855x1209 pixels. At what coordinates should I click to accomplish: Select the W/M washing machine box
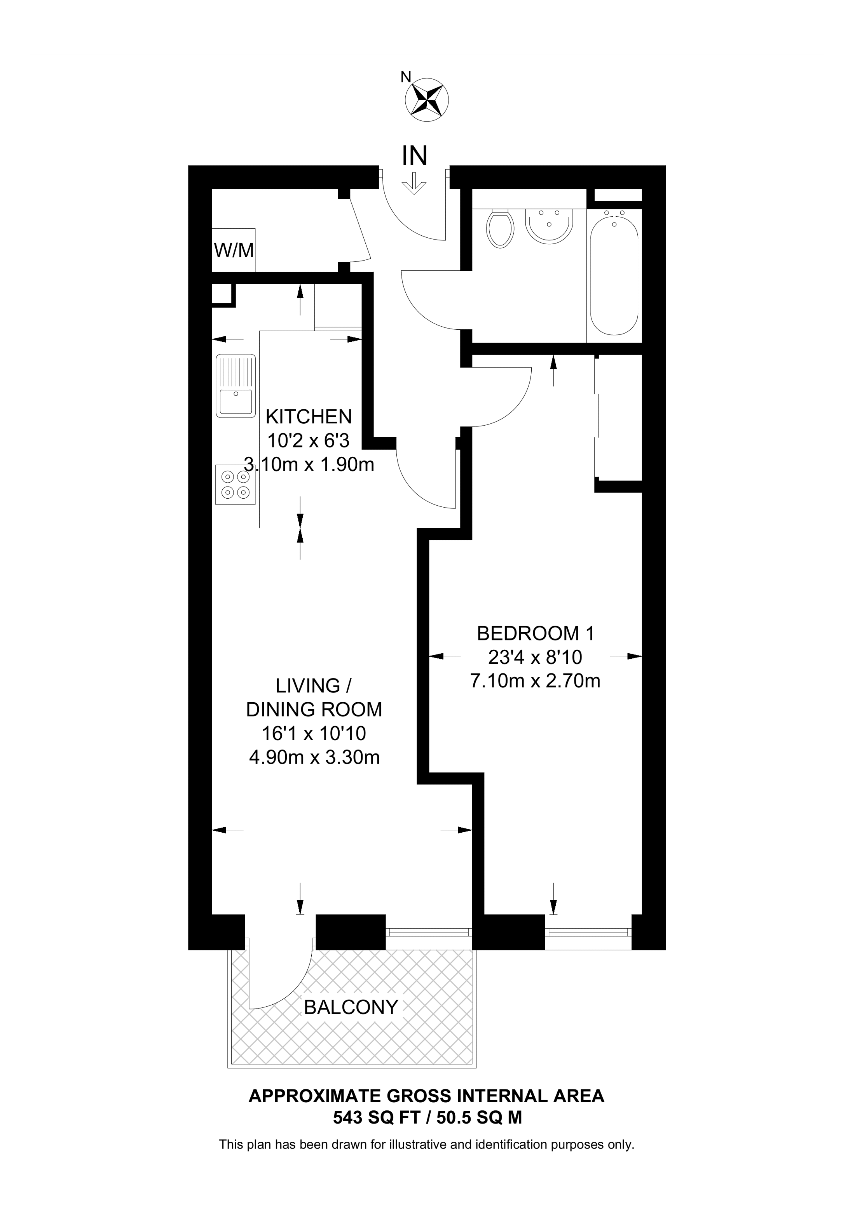[234, 250]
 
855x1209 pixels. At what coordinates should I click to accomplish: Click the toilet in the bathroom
[501, 228]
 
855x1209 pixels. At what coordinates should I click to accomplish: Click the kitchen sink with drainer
[236, 386]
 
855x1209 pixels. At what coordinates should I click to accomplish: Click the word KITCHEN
[309, 416]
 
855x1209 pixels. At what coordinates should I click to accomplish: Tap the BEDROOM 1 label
[535, 633]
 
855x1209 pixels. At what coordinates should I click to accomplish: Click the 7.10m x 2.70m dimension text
[535, 681]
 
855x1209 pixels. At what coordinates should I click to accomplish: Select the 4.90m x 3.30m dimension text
[314, 757]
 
